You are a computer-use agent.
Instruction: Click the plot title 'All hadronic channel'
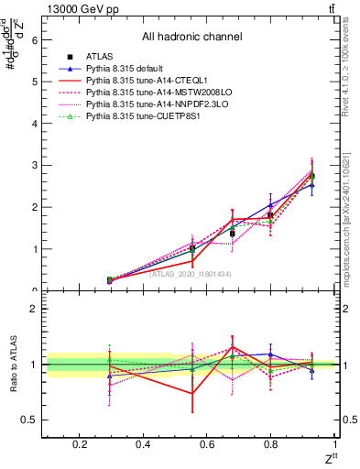[x=191, y=37]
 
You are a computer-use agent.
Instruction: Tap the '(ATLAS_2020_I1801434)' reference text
[x=190, y=273]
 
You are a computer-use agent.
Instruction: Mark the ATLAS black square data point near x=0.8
[x=270, y=215]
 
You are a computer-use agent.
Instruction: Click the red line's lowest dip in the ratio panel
[x=192, y=394]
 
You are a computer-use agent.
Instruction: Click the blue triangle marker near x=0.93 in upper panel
[x=311, y=185]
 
